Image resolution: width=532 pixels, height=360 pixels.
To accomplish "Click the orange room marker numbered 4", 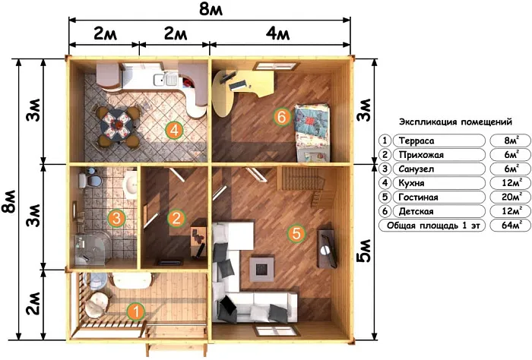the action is [175, 130].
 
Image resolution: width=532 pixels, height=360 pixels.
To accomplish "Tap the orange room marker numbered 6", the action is [282, 117].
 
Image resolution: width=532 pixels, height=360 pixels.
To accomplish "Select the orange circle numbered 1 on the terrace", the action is [136, 311].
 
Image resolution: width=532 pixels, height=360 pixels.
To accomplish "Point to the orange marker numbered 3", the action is [116, 218].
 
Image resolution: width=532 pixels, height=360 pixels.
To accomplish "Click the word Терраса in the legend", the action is [416, 141].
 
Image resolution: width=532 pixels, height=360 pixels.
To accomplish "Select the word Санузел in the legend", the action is [416, 169].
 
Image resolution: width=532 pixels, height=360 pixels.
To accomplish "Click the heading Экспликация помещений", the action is [455, 122].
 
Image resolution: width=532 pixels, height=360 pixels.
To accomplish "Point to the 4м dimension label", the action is [277, 34].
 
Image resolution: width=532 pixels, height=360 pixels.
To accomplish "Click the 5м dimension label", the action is [364, 251].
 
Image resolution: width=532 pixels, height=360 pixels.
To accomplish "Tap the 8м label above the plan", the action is [211, 9].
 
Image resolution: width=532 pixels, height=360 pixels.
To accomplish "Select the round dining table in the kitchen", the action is [117, 125].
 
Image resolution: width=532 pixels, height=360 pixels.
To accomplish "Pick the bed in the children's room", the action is [312, 132].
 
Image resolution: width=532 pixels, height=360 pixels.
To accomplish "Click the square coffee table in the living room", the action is [262, 269].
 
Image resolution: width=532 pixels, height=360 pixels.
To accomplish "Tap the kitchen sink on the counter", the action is [165, 80].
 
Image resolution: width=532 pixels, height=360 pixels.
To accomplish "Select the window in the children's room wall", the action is [277, 66].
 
